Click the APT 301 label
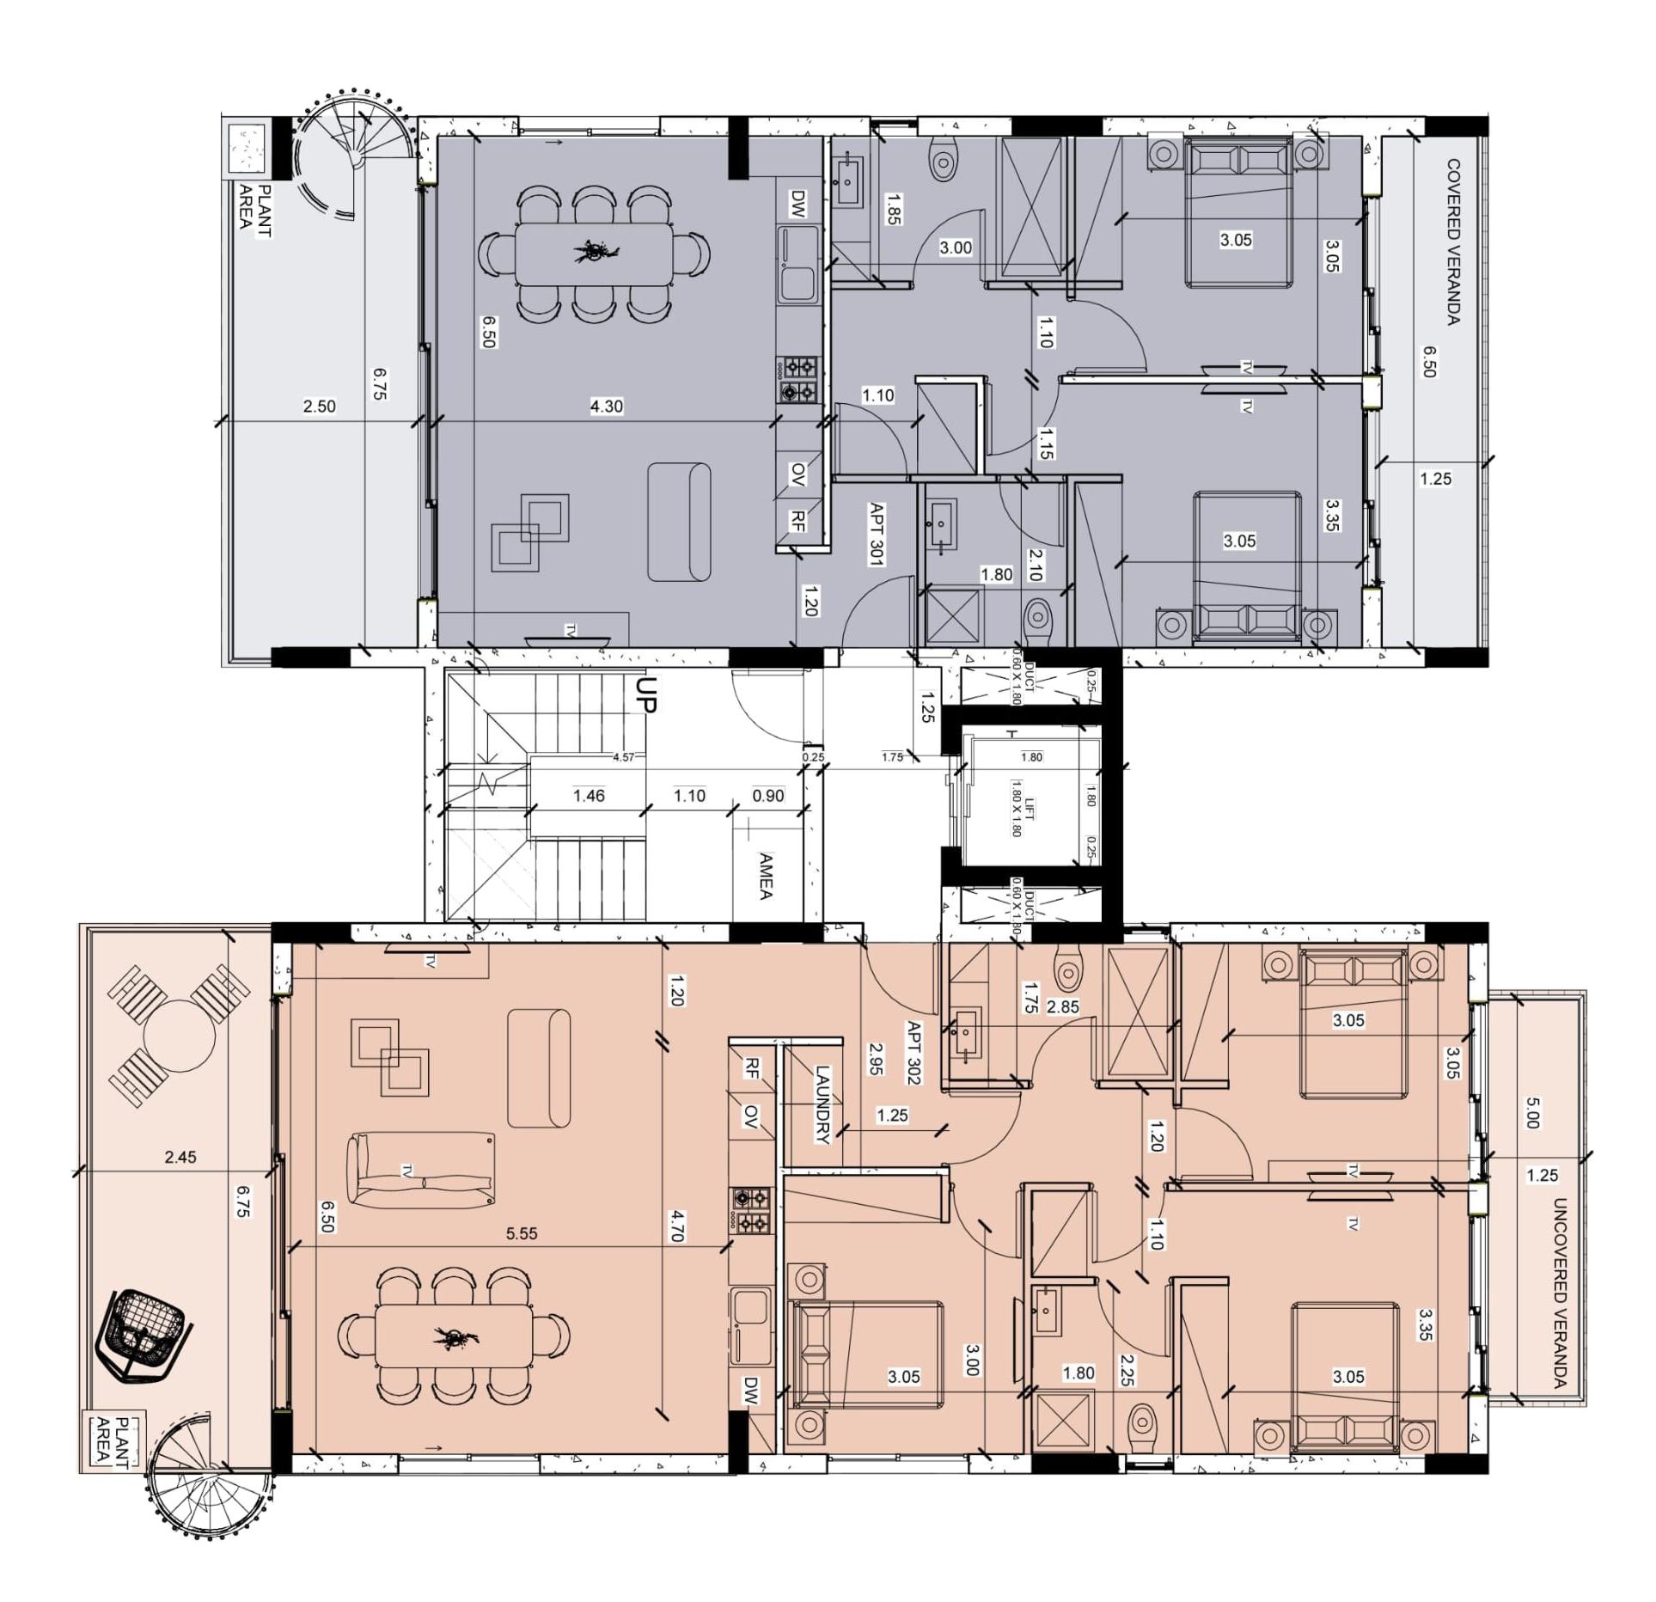(x=877, y=535)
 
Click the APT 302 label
(x=914, y=1053)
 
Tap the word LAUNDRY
(x=822, y=1104)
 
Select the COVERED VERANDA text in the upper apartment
(x=1453, y=242)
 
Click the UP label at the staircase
(x=647, y=694)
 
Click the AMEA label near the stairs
(x=766, y=876)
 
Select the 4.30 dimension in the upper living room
(x=606, y=407)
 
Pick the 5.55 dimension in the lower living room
(x=521, y=1233)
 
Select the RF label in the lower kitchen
(x=751, y=1068)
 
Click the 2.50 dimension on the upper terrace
(x=319, y=407)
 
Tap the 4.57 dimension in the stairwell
(x=623, y=757)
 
